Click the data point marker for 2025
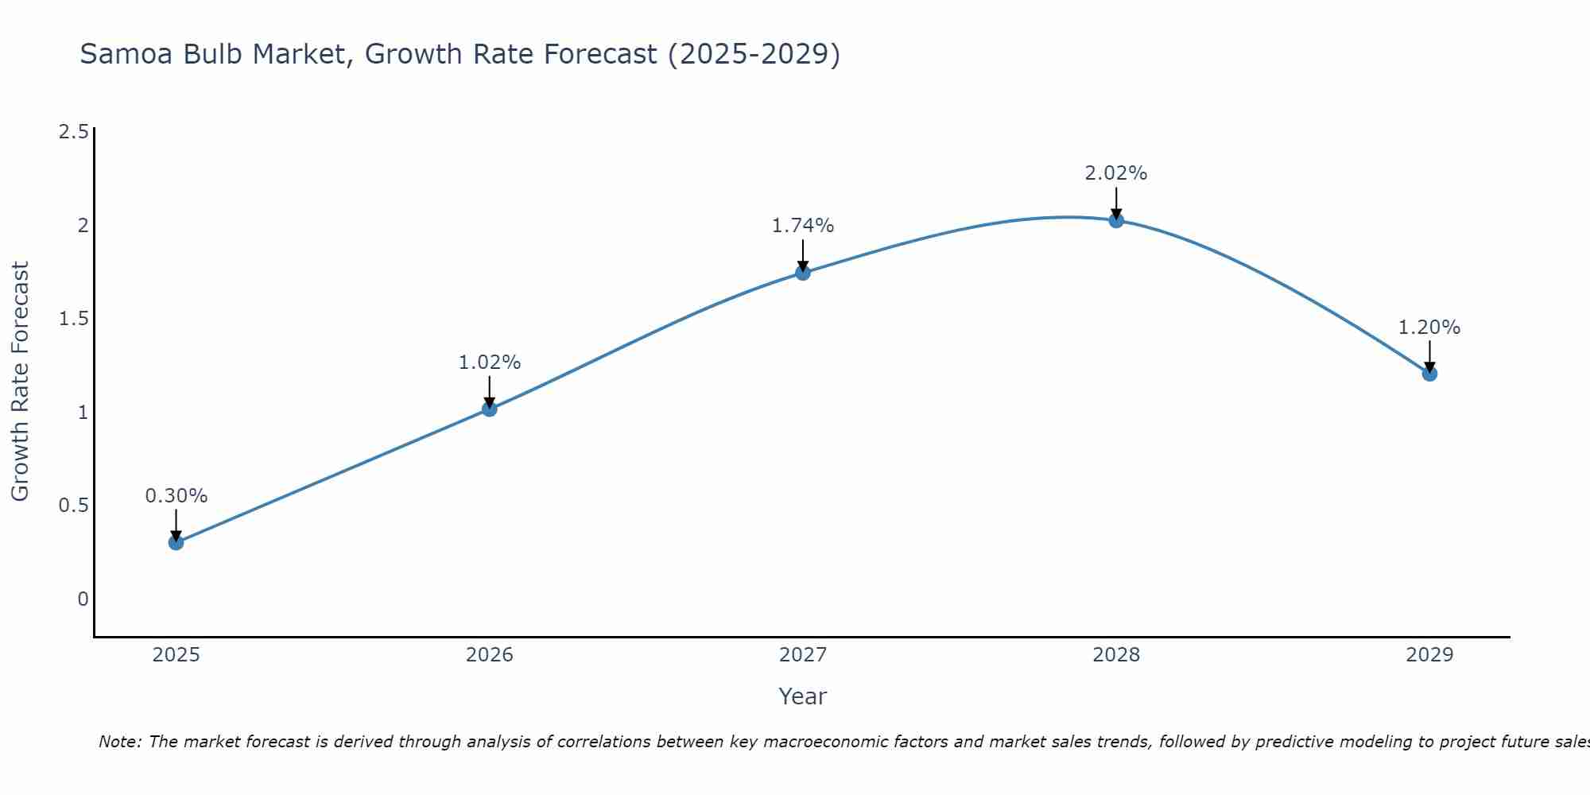pos(176,543)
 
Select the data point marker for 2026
pos(490,409)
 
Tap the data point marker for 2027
pos(803,273)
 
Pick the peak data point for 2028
pos(1116,220)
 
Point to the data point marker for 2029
pos(1429,374)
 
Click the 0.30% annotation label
pos(176,496)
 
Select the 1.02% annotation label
pos(490,363)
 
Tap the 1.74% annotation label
pos(803,226)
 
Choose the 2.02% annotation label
pos(1116,173)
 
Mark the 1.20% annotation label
pos(1429,328)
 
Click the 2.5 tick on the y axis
pos(73,132)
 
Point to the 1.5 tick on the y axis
pos(73,319)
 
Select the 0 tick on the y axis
pos(83,599)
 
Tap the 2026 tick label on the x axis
pos(490,655)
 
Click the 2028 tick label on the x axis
pos(1116,655)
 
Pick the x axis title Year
pos(803,696)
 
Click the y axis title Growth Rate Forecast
pos(20,382)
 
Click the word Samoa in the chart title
pos(127,54)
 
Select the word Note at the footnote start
pos(118,742)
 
